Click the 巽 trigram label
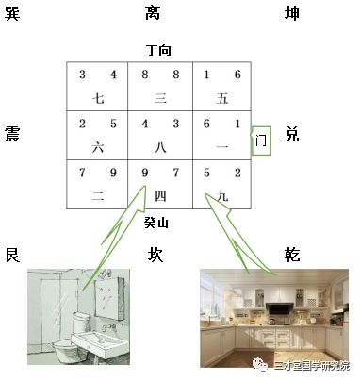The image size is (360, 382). coord(12,14)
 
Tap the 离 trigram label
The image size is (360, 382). coord(153,14)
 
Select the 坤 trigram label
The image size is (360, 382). coord(291,14)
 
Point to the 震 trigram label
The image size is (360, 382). coord(12,134)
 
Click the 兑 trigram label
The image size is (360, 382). coord(292,134)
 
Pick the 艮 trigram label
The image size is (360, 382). coord(12,255)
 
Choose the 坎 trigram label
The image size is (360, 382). coord(155,255)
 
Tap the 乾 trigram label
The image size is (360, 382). coord(292,255)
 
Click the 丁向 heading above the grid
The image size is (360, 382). coord(159,50)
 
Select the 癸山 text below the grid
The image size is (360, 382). coord(156,223)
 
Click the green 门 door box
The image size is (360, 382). coord(261,141)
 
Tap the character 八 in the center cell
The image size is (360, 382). coord(160,147)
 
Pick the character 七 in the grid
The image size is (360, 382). coord(98,98)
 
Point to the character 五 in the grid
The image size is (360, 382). coord(222,98)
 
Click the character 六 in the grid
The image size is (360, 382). coord(98,147)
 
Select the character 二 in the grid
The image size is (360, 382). coord(98,197)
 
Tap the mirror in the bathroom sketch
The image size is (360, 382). coord(109,298)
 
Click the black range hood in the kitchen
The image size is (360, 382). coord(279,308)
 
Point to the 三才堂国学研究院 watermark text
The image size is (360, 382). coord(312,366)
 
